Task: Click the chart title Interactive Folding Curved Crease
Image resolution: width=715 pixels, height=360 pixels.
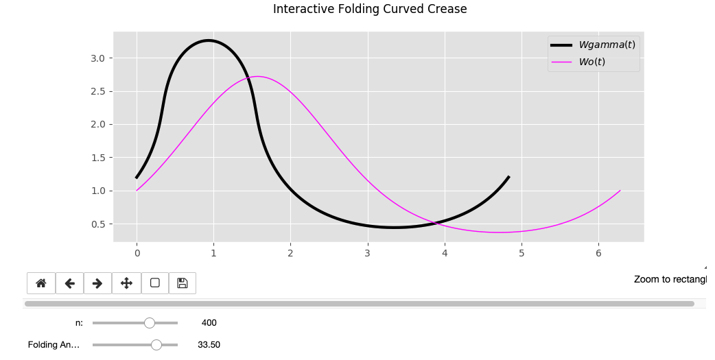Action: (370, 9)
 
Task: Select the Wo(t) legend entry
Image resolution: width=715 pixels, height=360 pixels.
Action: (591, 62)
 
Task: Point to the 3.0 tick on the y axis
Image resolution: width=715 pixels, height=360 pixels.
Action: (97, 58)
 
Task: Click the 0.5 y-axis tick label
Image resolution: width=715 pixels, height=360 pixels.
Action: (97, 224)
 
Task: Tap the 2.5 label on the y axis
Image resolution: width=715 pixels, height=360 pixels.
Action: (97, 91)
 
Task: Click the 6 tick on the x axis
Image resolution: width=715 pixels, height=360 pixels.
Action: (598, 254)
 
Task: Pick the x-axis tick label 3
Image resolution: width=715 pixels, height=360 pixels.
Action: (368, 254)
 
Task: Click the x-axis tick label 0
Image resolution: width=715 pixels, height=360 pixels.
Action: (137, 254)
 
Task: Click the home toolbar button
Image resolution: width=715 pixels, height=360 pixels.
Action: (41, 283)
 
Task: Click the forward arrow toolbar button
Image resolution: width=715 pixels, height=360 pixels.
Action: (97, 283)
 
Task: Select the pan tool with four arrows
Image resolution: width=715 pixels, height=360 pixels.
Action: (126, 283)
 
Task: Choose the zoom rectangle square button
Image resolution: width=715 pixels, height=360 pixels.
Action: (154, 283)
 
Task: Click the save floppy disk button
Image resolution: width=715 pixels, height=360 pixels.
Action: (182, 283)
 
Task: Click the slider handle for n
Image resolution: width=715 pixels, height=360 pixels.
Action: (150, 323)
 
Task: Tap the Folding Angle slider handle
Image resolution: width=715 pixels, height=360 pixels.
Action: (156, 345)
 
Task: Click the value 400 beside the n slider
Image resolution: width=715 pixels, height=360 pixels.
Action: (209, 323)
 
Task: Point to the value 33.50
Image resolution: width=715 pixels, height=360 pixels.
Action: (209, 345)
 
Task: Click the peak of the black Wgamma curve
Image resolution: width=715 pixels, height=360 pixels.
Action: (209, 40)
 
